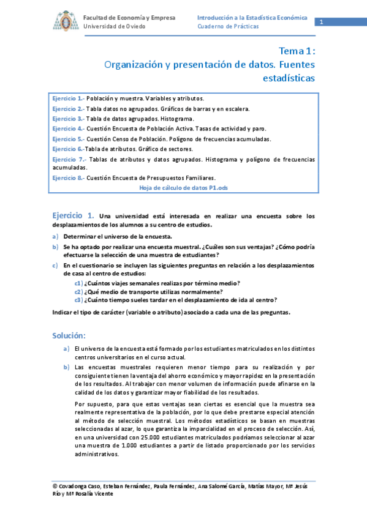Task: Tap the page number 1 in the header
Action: click(320, 23)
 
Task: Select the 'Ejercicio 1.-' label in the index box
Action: click(68, 99)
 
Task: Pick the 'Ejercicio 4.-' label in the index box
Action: click(68, 129)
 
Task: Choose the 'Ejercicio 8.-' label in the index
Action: click(68, 178)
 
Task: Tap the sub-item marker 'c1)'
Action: click(79, 283)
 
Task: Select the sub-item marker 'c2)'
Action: click(79, 291)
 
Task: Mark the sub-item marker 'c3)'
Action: click(79, 300)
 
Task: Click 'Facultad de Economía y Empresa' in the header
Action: click(129, 18)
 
